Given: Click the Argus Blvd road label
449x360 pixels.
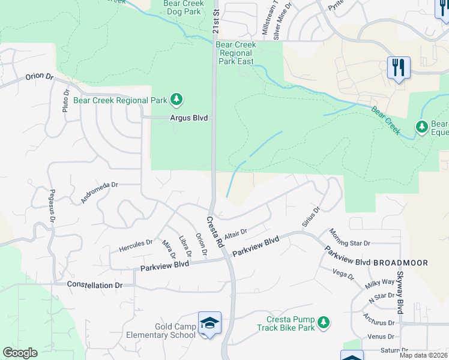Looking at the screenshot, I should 188,118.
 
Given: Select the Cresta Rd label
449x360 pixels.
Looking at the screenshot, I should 215,233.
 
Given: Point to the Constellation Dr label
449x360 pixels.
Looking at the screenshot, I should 94,285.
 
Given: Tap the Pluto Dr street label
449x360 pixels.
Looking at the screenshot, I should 65,100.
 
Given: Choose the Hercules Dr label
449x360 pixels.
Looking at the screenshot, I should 136,245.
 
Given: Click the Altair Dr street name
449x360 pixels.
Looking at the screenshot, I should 235,233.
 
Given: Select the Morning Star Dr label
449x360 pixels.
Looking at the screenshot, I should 350,238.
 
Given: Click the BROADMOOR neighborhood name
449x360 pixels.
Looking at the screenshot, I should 401,263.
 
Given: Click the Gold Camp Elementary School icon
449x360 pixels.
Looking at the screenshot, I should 209,323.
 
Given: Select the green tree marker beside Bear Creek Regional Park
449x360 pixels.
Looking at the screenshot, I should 176,98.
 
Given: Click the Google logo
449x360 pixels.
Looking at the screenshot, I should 20,353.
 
